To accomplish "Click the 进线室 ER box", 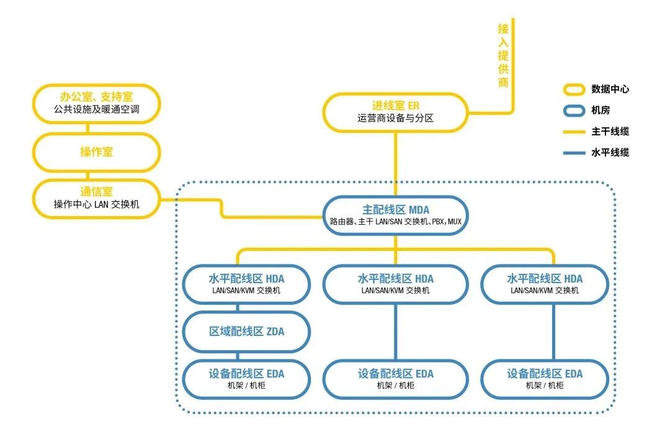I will pyautogui.click(x=395, y=112).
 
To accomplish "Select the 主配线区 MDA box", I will pyautogui.click(x=395, y=215).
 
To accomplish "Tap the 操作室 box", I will pyautogui.click(x=96, y=152).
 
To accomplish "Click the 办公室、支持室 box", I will pyautogui.click(x=96, y=103).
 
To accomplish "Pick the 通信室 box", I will pyautogui.click(x=96, y=199).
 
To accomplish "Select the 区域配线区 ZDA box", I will pyautogui.click(x=246, y=332).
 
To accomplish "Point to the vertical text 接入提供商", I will pyautogui.click(x=503, y=56).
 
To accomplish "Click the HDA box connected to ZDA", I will pyautogui.click(x=246, y=284).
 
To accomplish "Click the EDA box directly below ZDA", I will pyautogui.click(x=246, y=379).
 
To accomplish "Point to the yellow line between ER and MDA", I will pyautogui.click(x=396, y=165).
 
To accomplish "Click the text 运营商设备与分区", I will pyautogui.click(x=395, y=118).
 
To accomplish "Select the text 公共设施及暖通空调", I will pyautogui.click(x=96, y=110).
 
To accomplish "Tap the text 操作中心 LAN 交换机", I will pyautogui.click(x=96, y=205).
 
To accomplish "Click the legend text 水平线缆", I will pyautogui.click(x=610, y=153).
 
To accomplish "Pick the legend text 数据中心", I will pyautogui.click(x=610, y=89).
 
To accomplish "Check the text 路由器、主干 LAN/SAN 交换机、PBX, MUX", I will pyautogui.click(x=395, y=221).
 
